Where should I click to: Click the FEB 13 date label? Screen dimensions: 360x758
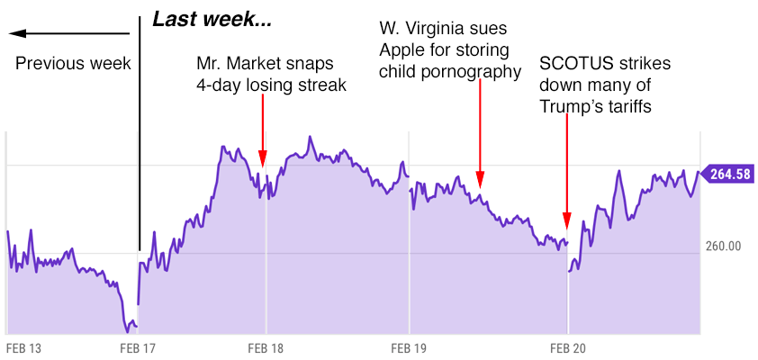24,347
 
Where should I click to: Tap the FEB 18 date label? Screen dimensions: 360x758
266,347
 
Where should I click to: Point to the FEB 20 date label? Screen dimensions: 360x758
567,347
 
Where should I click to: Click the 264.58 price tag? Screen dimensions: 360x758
728,174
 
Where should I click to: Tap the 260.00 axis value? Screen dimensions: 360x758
723,245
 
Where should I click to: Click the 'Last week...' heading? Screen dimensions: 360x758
212,20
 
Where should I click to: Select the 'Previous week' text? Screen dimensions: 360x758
73,64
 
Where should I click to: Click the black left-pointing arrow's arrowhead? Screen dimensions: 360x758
17,34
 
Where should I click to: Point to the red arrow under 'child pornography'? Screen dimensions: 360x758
480,135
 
